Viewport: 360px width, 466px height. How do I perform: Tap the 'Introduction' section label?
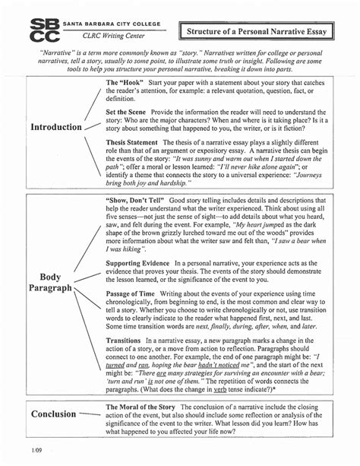(55, 127)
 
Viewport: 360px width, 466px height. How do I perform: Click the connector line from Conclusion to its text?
(90, 414)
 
